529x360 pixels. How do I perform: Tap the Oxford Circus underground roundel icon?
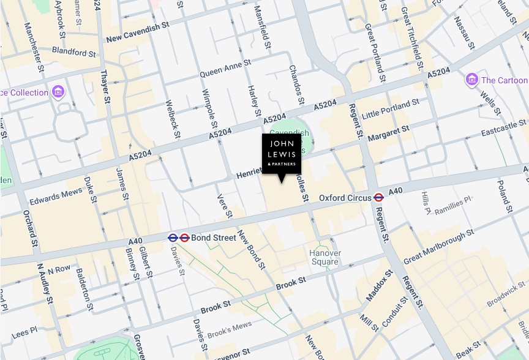coord(378,198)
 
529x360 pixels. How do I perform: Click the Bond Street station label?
coord(213,238)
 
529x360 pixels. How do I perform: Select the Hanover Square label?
coord(324,257)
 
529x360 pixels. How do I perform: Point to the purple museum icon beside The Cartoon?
coord(471,80)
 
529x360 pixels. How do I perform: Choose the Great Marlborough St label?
coord(438,247)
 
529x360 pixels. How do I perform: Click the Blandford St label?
coord(74,51)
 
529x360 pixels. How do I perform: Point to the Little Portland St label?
coord(391,109)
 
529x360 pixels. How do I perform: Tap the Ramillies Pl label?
coord(453,205)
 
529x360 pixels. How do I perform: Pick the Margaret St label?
coord(388,132)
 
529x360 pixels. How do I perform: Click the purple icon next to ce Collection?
coord(59,92)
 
